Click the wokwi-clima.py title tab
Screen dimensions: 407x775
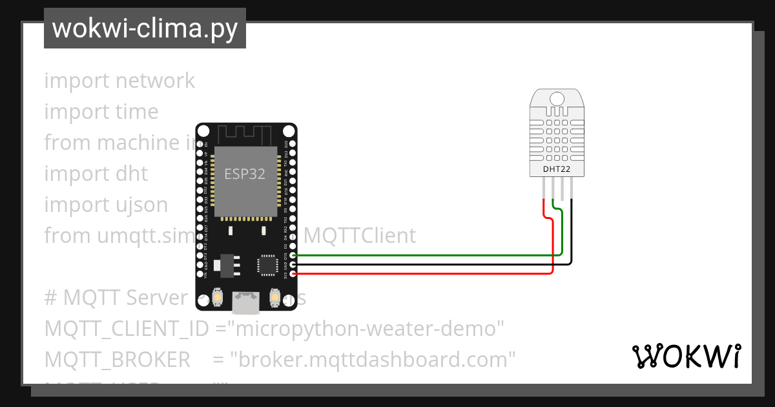tap(145, 28)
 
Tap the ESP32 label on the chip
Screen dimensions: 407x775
tap(245, 174)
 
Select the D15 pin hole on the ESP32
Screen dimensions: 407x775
tap(294, 255)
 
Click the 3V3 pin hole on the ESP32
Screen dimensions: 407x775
tap(294, 273)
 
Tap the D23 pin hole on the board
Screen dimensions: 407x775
tap(294, 143)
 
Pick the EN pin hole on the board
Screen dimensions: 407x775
tap(200, 143)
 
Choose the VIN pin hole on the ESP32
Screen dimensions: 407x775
tap(200, 273)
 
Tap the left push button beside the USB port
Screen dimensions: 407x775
tap(218, 297)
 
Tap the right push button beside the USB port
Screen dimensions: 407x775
tap(274, 297)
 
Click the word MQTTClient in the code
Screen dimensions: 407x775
tap(360, 236)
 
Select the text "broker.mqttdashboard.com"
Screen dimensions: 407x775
tap(373, 360)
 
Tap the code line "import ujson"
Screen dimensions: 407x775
tap(106, 205)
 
